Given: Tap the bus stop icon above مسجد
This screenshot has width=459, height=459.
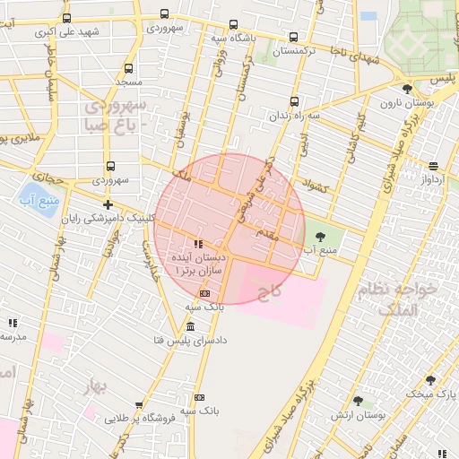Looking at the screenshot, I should (128, 68).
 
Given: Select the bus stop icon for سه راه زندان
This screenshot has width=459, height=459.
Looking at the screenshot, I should (295, 101).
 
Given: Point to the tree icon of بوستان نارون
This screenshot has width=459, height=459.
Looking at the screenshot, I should (408, 89).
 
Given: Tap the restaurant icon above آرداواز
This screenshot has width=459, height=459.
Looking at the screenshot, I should (433, 166).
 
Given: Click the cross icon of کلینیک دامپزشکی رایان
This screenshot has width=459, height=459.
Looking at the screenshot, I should (108, 205).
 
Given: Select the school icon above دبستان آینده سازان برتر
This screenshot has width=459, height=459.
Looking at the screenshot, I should (197, 243).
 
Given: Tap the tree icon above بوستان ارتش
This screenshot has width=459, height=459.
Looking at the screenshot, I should (358, 401).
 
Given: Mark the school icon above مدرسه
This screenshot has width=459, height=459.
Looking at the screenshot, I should (13, 323).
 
